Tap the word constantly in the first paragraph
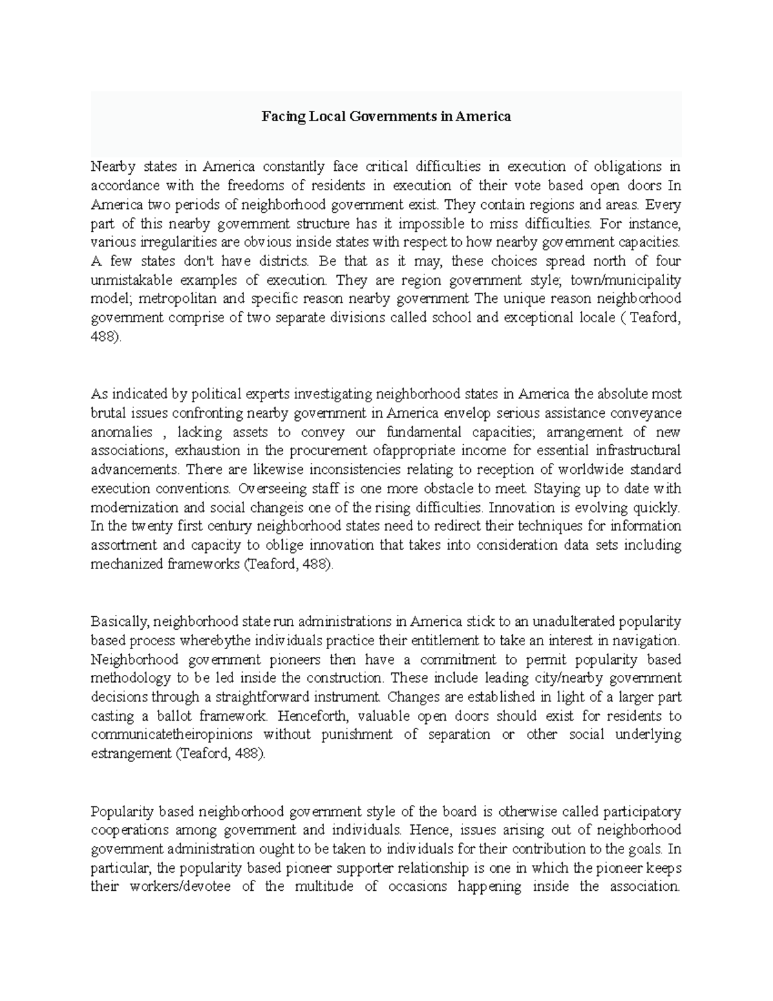[289, 167]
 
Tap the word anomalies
[122, 432]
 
